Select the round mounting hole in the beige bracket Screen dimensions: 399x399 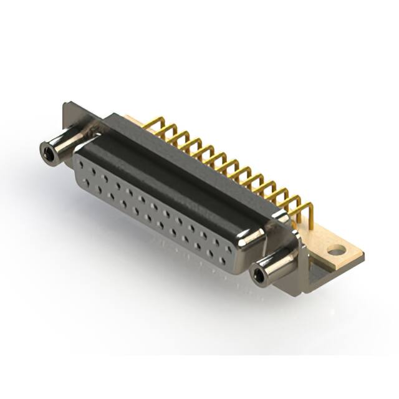336,251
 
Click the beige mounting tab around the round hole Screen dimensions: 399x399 346,256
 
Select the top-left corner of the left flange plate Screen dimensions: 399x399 64,104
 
